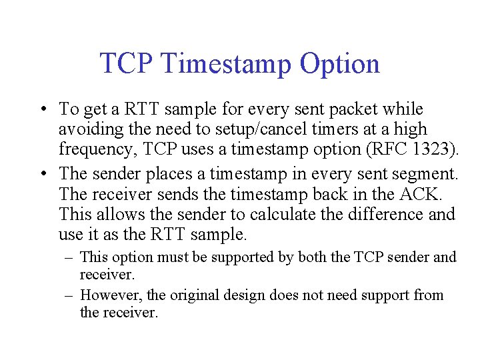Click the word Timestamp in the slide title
225,64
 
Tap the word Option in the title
340,64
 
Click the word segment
425,175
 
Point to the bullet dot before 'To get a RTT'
42,109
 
